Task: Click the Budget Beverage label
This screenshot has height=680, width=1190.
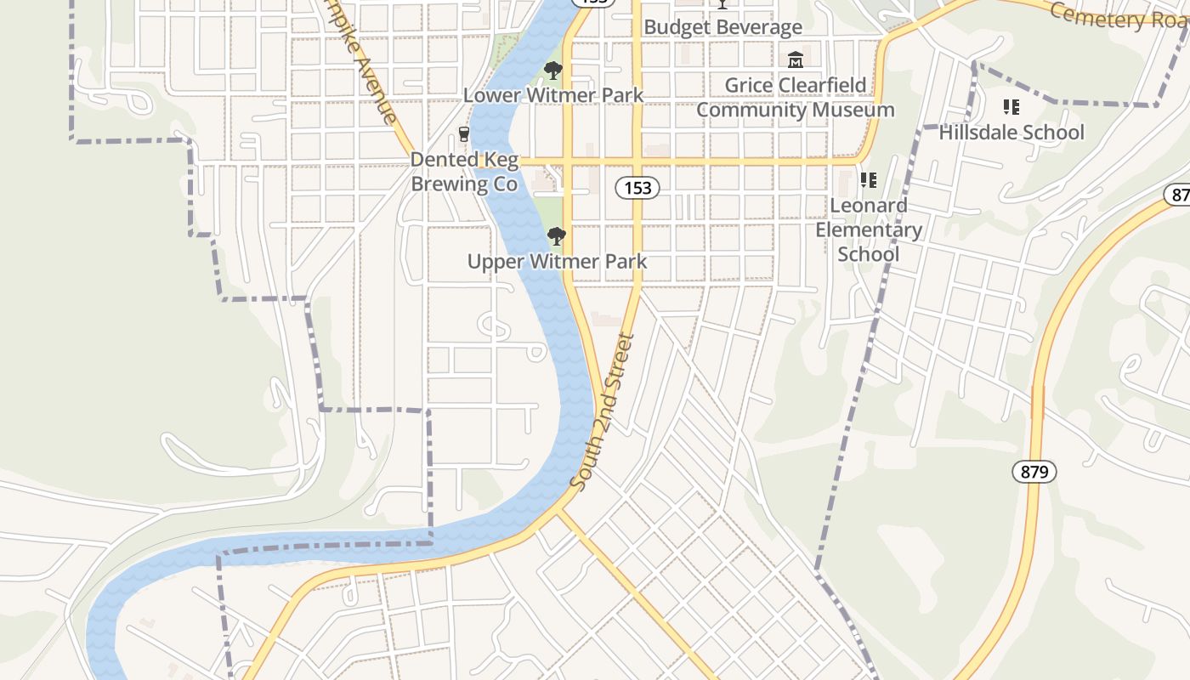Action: [x=722, y=27]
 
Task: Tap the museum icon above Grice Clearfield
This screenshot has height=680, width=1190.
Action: [x=796, y=60]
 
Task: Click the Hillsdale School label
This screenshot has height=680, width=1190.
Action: [x=1011, y=133]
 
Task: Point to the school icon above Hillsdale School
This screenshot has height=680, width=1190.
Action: [x=1011, y=107]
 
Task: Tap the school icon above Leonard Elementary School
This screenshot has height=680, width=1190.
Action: [x=868, y=180]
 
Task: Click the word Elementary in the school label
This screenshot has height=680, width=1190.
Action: [x=869, y=230]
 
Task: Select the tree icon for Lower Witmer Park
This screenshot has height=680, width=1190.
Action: [x=553, y=71]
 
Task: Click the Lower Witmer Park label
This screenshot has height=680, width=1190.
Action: [x=553, y=95]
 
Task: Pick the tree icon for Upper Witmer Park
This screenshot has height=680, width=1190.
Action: [x=557, y=236]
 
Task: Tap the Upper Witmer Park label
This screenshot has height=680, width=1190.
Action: [x=557, y=262]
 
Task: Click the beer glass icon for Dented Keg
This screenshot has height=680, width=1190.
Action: [x=463, y=134]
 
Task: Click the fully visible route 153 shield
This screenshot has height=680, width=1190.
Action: [x=637, y=188]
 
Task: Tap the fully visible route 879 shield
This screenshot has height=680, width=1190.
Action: [x=1034, y=472]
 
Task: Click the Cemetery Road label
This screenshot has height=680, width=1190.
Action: [x=1118, y=15]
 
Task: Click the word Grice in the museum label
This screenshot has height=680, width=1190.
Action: [x=751, y=86]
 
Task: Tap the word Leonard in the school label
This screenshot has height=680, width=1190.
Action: [x=868, y=206]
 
